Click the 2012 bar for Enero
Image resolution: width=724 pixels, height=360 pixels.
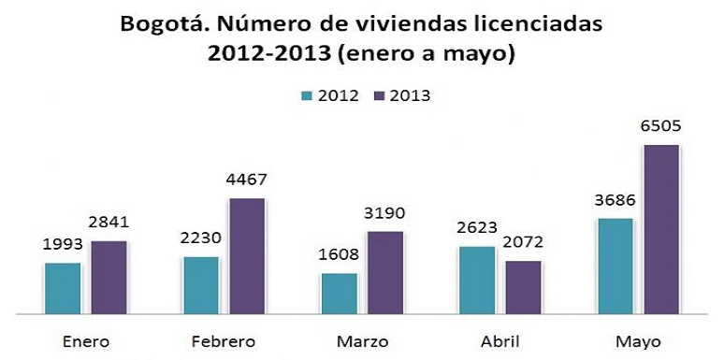63,289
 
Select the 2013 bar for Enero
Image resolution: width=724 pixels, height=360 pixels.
109,278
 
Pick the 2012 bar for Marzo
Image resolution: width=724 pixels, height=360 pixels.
339,294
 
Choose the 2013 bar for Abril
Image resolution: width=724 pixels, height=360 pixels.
523,287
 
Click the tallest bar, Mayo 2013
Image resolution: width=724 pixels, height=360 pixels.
660,229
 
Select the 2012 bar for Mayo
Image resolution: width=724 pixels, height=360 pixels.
615,266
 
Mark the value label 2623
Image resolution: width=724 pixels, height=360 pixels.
477,228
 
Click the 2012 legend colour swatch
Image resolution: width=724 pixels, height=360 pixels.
306,95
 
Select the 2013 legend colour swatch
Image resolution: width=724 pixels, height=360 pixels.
379,95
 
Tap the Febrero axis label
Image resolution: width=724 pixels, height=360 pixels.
223,342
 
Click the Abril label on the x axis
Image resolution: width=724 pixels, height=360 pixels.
500,342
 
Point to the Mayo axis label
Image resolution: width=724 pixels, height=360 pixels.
637,342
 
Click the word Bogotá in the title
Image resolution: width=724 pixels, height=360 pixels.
160,23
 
